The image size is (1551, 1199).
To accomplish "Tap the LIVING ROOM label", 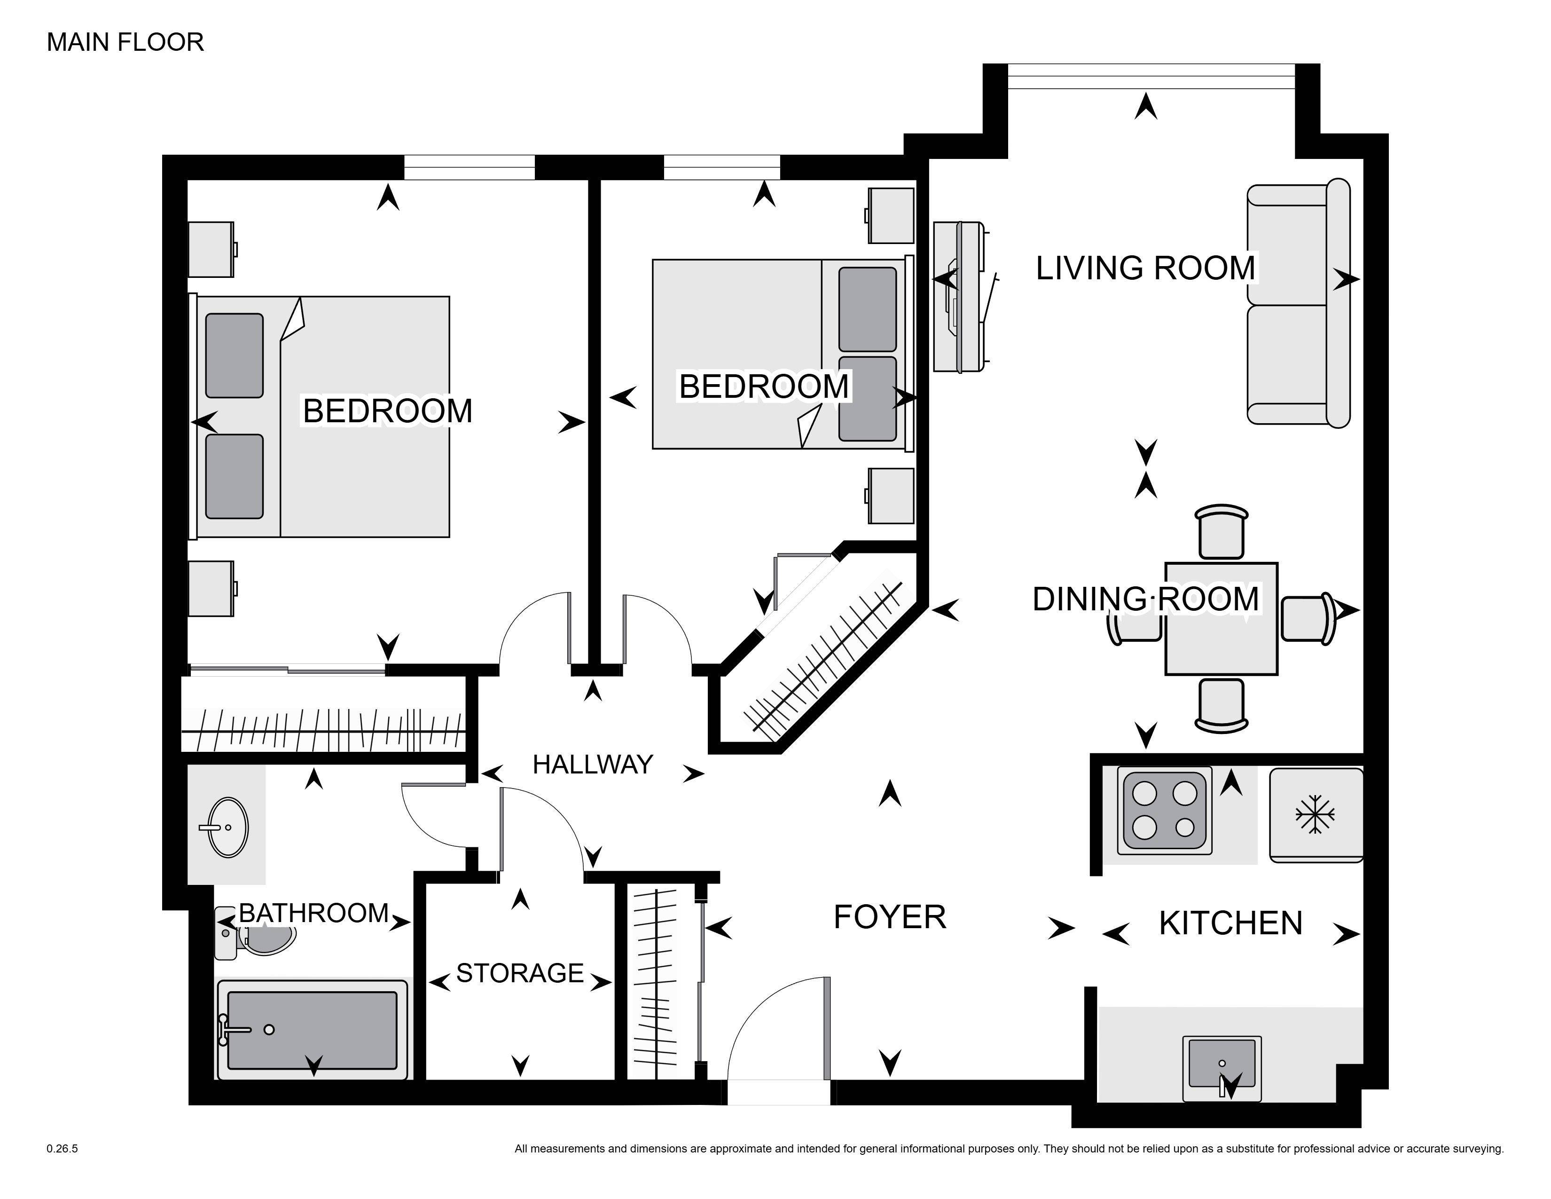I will (1145, 268).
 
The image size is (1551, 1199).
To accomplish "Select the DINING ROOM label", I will (1145, 599).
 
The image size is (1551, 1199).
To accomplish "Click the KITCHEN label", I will (1230, 923).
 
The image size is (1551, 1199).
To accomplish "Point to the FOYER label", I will (889, 917).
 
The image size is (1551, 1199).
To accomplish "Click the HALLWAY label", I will (592, 764).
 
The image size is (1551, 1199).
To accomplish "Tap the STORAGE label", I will (520, 972).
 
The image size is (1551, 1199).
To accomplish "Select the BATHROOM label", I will (313, 913).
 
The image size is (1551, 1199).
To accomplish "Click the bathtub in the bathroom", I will (313, 1029).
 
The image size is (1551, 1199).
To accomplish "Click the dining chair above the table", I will (1221, 533).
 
